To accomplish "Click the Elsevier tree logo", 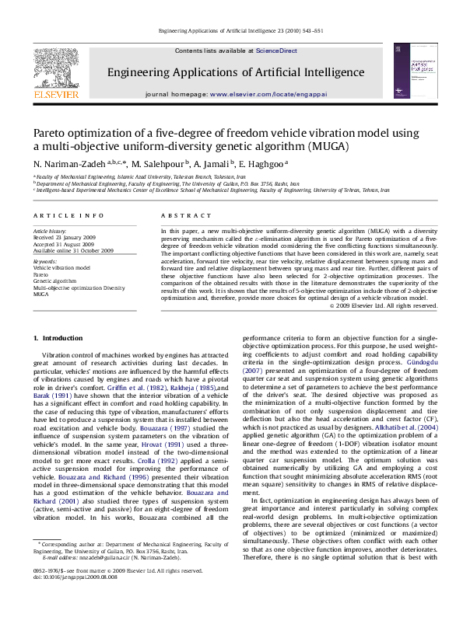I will [x=56, y=69].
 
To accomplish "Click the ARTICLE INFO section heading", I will [x=68, y=214].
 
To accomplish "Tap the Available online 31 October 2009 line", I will [x=73, y=250].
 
